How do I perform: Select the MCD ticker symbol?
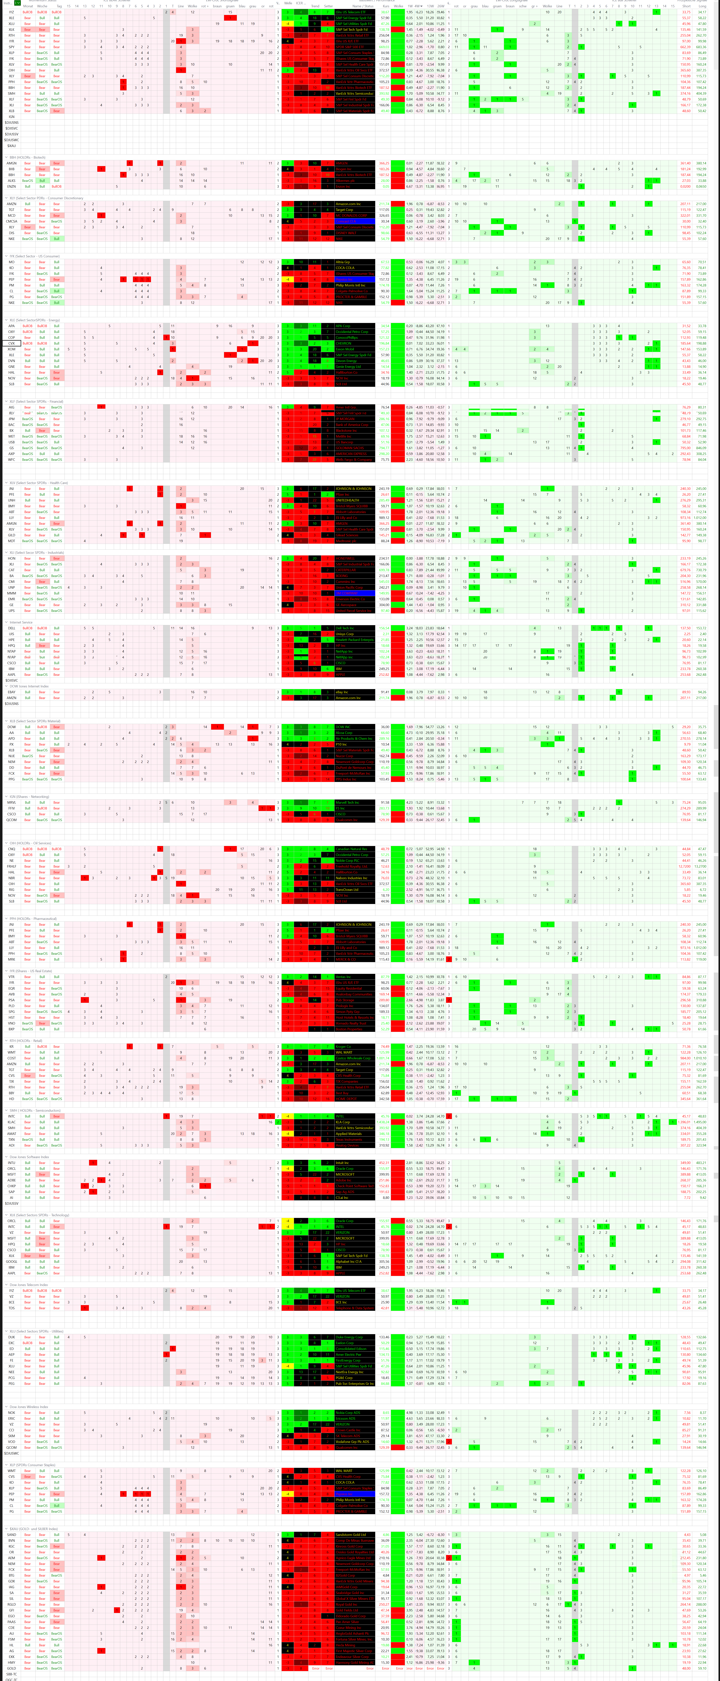(x=11, y=215)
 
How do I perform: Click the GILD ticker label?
(x=11, y=535)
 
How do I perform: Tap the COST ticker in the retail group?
(x=11, y=1058)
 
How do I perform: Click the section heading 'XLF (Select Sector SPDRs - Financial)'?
(x=36, y=401)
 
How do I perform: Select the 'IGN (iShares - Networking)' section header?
(x=29, y=796)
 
